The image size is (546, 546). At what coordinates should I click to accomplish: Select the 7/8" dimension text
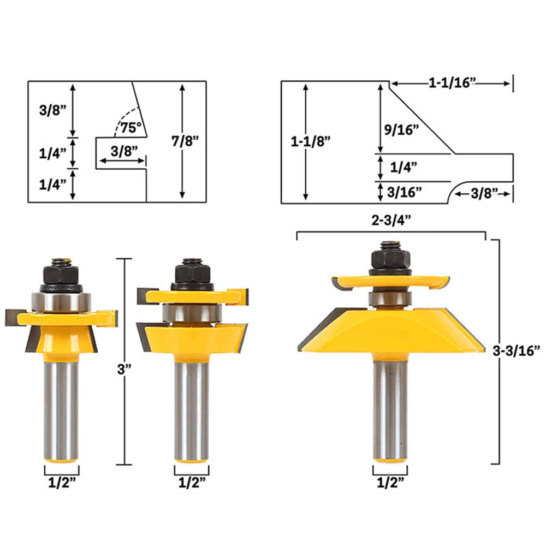185,141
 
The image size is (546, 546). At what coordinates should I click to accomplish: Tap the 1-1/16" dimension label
453,82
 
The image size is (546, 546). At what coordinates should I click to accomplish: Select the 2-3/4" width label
391,221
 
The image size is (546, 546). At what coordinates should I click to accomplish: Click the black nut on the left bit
61,273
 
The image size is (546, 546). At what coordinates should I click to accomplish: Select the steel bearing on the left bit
61,300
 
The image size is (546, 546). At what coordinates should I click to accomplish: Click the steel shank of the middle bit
191,410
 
